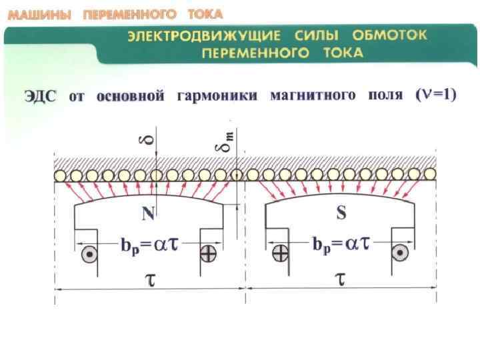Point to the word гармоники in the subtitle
(217, 97)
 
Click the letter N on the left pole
(148, 215)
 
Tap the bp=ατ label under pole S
(341, 244)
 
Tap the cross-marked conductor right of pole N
(208, 253)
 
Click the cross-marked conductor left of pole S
(281, 253)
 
